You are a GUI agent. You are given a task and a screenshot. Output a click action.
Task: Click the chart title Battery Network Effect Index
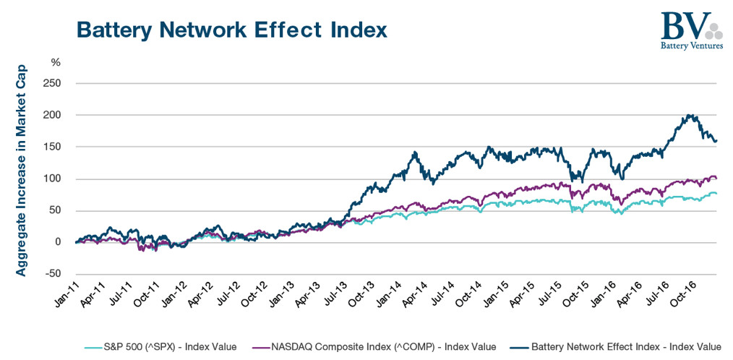(x=231, y=30)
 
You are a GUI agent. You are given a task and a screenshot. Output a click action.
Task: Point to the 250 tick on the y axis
(x=53, y=83)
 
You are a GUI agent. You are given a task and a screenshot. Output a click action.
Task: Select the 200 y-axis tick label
(x=53, y=115)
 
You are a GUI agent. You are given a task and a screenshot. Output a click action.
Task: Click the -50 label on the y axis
(x=52, y=274)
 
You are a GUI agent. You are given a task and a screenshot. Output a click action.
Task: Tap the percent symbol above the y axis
(x=56, y=62)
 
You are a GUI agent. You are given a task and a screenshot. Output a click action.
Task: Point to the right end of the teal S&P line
(x=716, y=194)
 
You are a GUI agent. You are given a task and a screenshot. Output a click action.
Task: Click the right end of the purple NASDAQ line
(x=716, y=178)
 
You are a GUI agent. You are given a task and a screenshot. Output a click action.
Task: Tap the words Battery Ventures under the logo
(x=692, y=46)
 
